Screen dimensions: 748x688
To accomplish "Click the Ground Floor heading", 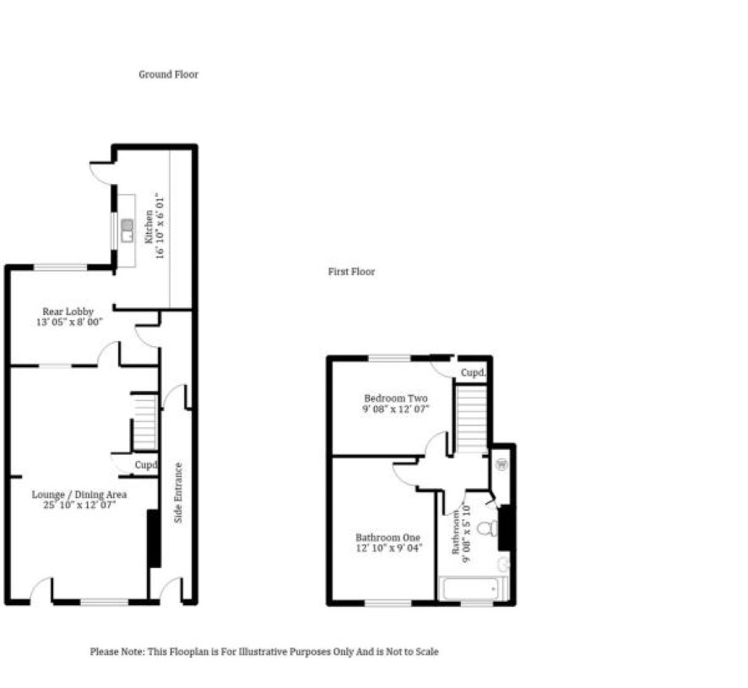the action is [x=168, y=74].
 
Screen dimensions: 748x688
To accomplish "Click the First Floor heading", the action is [x=351, y=272].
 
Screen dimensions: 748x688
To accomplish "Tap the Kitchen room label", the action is [x=149, y=226].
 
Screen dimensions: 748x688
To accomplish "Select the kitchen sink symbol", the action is [x=127, y=230].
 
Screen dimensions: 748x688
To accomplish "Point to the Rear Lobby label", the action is [x=68, y=311].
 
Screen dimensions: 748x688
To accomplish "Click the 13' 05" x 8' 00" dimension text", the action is [x=69, y=322].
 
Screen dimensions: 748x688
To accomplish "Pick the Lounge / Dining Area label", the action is [x=79, y=495].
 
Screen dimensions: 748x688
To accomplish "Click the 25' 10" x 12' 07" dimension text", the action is [x=79, y=505].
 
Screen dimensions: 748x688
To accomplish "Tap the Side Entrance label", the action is [x=178, y=492].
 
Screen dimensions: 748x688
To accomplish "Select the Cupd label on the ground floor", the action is [x=146, y=464].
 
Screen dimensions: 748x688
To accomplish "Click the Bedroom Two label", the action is [x=395, y=398].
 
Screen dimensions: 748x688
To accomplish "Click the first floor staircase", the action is [x=472, y=419].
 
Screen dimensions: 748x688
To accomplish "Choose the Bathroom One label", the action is [x=388, y=538].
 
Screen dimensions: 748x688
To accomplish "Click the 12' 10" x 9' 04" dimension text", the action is [x=389, y=548].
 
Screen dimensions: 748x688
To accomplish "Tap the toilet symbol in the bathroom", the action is [x=487, y=528].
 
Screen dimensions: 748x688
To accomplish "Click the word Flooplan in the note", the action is [x=189, y=652].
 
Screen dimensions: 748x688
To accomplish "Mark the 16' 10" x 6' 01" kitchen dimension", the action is [x=160, y=226].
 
